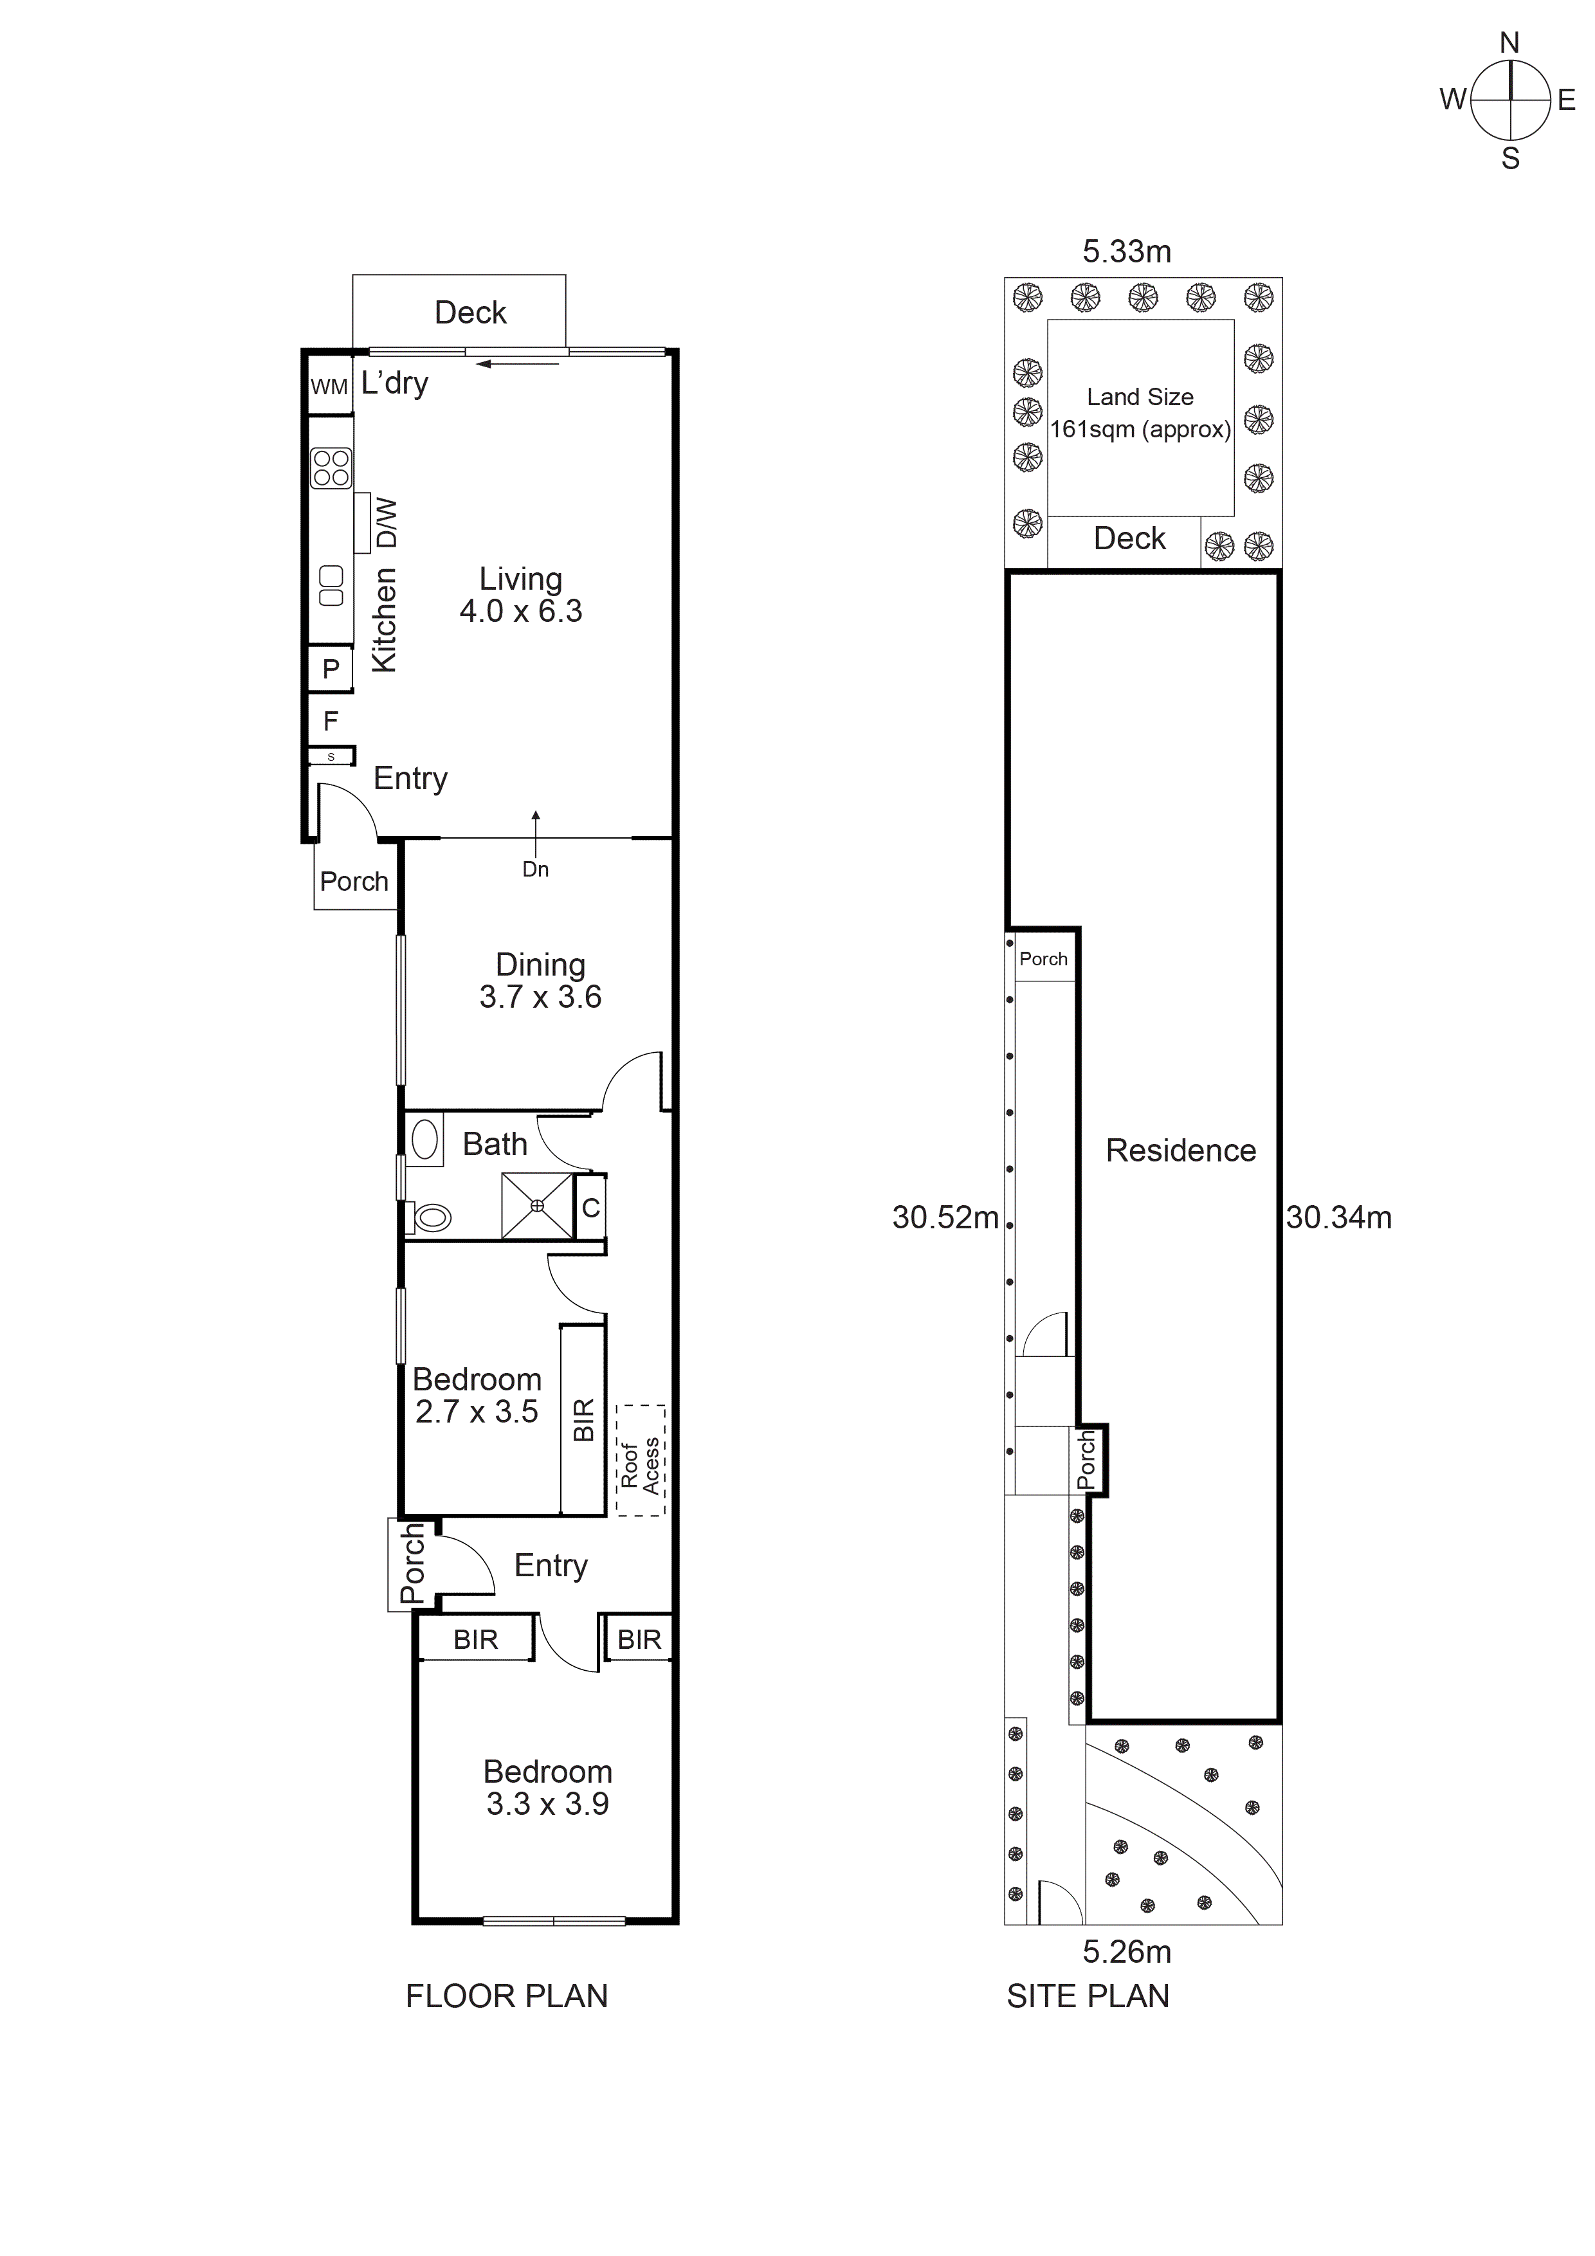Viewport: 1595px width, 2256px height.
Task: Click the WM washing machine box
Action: coord(329,386)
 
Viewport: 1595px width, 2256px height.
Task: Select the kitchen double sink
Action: coord(331,586)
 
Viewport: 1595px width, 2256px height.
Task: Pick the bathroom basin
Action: coord(424,1140)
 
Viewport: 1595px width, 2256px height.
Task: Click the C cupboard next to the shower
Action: coord(590,1208)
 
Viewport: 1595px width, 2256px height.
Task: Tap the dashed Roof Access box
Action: coord(641,1460)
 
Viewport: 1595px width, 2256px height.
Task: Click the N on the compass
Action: coord(1509,43)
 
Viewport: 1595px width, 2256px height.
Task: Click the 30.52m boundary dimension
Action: coord(944,1217)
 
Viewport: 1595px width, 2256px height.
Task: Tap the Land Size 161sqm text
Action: coord(1140,414)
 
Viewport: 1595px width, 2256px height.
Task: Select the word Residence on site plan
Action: coord(1180,1151)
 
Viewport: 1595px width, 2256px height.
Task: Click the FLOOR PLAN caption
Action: coord(506,1996)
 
